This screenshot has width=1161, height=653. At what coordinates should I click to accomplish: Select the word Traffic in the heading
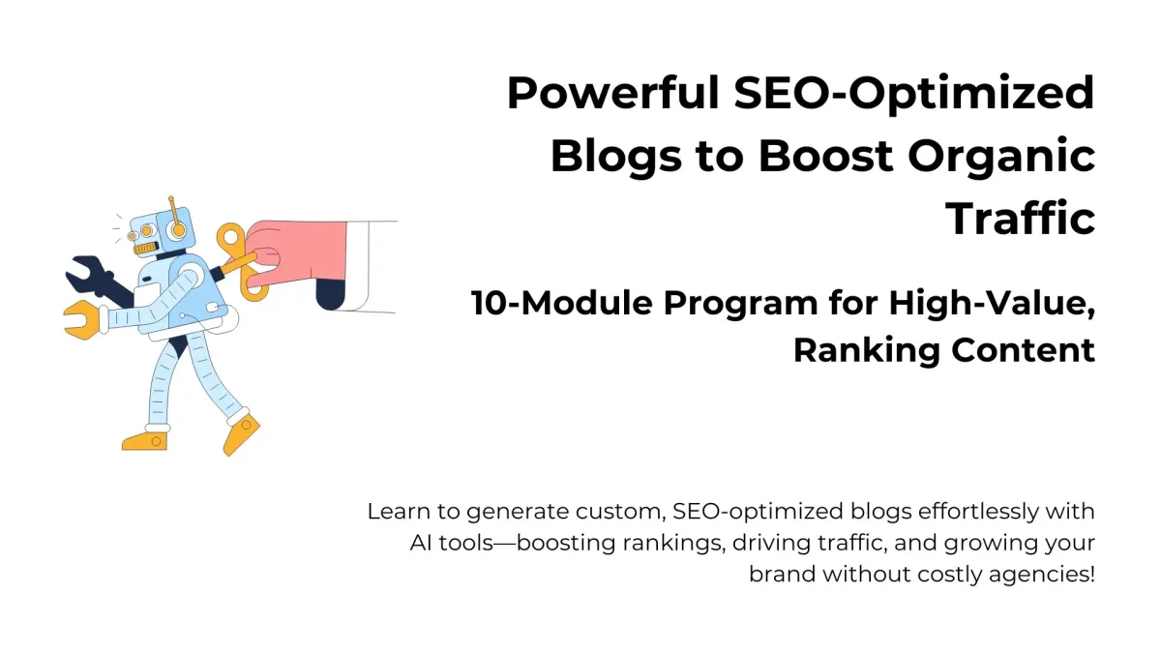coord(1021,218)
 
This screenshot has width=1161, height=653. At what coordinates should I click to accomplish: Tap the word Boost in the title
coord(826,156)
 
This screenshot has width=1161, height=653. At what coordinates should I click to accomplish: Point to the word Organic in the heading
coord(1002,158)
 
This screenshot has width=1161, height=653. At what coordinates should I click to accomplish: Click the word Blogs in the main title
coord(616,158)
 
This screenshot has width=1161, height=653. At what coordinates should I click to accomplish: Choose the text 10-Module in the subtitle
coord(562,303)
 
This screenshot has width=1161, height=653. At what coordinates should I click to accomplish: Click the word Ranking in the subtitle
coord(867,352)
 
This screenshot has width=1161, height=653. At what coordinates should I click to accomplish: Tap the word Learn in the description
coord(399,512)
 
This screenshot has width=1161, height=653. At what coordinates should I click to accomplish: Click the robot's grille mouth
coord(145,250)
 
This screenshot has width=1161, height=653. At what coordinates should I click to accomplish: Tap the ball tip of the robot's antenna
coord(171,198)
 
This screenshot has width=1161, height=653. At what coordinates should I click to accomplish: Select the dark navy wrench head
coord(86,272)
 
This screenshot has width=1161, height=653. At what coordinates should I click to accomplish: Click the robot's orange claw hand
coord(83,319)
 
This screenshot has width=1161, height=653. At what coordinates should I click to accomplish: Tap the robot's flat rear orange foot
coord(144,441)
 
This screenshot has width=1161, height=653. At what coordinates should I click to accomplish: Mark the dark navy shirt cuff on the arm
coord(330,295)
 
